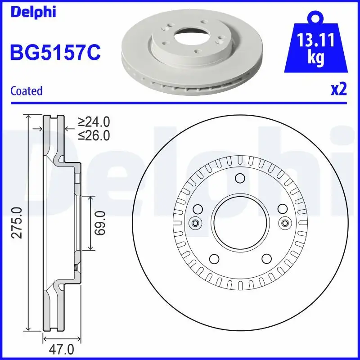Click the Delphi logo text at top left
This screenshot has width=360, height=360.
point(33,12)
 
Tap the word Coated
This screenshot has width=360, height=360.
point(26,91)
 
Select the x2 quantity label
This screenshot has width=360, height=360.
point(338,89)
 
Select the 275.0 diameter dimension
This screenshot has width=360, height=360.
point(17,223)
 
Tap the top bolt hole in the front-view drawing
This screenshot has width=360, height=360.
point(240,179)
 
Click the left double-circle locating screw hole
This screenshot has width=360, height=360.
point(195,223)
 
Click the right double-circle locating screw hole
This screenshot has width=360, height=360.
point(284,223)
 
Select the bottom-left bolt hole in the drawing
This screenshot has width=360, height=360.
point(214,259)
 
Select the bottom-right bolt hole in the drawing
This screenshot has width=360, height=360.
point(266,259)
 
